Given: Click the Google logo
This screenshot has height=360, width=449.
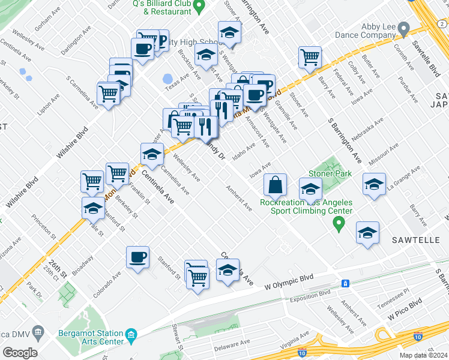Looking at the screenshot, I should click(x=20, y=353).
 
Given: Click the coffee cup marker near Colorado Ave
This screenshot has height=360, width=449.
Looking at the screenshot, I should click(x=137, y=258).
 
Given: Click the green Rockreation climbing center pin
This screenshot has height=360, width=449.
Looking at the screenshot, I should click(x=339, y=224).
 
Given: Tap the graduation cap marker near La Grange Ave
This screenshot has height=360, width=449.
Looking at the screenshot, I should click(x=374, y=184).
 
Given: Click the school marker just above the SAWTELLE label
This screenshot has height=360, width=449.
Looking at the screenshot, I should click(x=368, y=233).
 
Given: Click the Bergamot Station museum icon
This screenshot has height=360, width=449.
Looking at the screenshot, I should click(x=132, y=334).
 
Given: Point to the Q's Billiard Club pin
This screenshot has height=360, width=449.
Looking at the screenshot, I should click(x=202, y=3).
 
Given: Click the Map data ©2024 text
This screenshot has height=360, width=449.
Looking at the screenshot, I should click(x=423, y=355).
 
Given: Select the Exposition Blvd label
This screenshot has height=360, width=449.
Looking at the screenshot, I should click(x=308, y=294).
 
